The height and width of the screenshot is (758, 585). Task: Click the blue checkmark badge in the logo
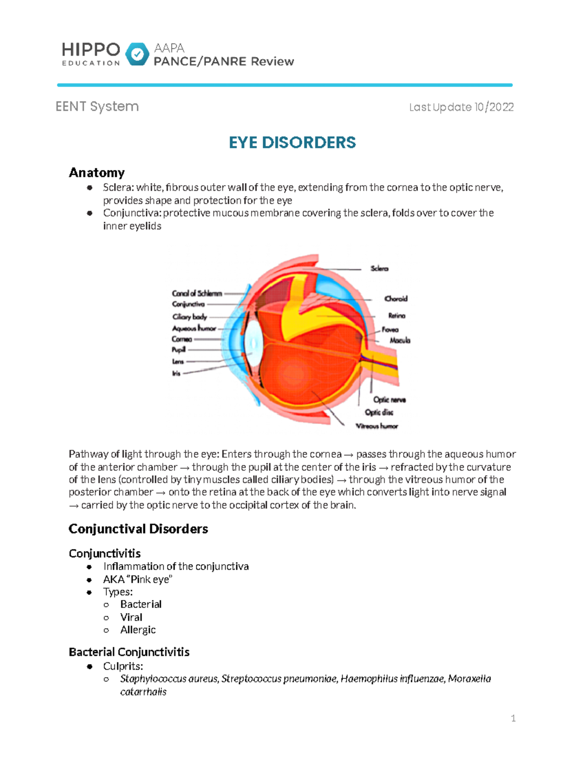[137, 54]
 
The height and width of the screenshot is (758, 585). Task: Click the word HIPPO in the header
[91, 49]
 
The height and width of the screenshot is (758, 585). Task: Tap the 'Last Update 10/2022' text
[461, 107]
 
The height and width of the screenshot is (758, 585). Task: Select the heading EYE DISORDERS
[292, 143]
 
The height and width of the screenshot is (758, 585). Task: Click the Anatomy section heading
[97, 173]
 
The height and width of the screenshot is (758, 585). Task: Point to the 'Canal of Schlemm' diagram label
[197, 293]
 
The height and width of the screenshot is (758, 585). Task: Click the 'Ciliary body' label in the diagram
[190, 317]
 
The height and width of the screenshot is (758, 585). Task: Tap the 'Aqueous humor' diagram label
[194, 328]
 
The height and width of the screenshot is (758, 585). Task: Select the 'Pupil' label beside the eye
[178, 349]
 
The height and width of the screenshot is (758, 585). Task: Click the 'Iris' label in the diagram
[176, 373]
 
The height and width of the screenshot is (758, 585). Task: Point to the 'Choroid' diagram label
[396, 299]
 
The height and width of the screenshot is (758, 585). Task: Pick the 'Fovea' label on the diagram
[390, 330]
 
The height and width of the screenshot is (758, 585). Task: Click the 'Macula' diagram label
[400, 340]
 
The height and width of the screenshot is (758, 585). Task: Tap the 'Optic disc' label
[379, 412]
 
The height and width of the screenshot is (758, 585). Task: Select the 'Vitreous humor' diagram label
[377, 426]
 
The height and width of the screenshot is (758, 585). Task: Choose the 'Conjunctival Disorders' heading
[138, 529]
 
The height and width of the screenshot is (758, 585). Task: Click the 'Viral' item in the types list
[131, 617]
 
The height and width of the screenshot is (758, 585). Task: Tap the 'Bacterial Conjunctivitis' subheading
[129, 652]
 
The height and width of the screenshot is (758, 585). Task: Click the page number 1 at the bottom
[513, 718]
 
